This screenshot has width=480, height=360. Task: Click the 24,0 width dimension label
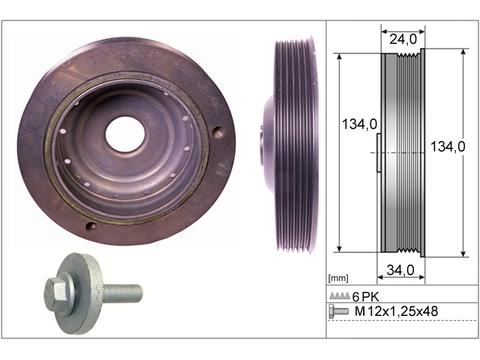pyautogui.click(x=403, y=39)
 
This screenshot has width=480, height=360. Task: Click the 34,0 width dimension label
pyautogui.click(x=400, y=270)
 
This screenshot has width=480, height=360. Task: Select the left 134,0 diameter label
pyautogui.click(x=360, y=124)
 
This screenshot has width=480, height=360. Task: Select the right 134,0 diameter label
pyautogui.click(x=448, y=147)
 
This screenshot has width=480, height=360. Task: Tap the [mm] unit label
pyautogui.click(x=338, y=278)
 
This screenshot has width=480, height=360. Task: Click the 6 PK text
pyautogui.click(x=366, y=296)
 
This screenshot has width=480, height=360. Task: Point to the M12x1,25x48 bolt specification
pyautogui.click(x=396, y=311)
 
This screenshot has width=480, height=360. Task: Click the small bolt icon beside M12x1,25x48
pyautogui.click(x=339, y=311)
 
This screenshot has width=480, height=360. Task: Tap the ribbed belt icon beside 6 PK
pyautogui.click(x=340, y=295)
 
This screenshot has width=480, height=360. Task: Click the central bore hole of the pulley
pyautogui.click(x=125, y=133)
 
